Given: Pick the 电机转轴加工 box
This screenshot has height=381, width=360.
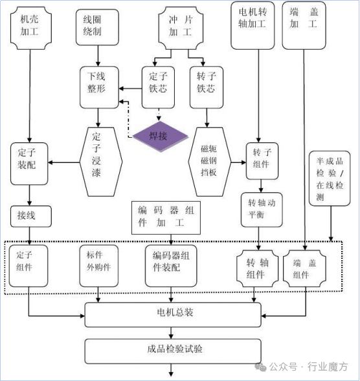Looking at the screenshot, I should [253, 26].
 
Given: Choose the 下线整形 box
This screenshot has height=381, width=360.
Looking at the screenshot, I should [99, 87].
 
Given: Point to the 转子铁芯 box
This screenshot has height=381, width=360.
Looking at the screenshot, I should [205, 87].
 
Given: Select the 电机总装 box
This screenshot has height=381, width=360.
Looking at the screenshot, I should [172, 314].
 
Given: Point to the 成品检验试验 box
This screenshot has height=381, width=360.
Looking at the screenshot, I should [172, 351].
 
